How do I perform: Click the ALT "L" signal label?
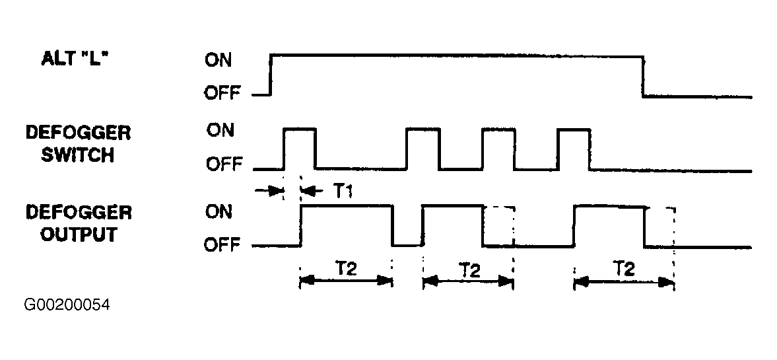click(75, 59)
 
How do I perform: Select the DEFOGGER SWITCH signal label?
click(78, 144)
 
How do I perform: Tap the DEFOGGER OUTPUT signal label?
click(79, 223)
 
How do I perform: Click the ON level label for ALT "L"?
click(218, 61)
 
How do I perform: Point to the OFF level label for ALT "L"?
click(222, 92)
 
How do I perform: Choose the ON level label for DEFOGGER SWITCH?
click(220, 131)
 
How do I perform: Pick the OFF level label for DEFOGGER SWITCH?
click(224, 164)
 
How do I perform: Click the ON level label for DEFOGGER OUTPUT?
click(219, 212)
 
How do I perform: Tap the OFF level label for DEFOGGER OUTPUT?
click(222, 244)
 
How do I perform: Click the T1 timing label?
click(343, 192)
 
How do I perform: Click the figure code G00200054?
click(67, 305)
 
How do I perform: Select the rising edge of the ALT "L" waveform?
click(271, 75)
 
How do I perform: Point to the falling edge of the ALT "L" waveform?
click(643, 77)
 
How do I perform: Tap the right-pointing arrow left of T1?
click(268, 190)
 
